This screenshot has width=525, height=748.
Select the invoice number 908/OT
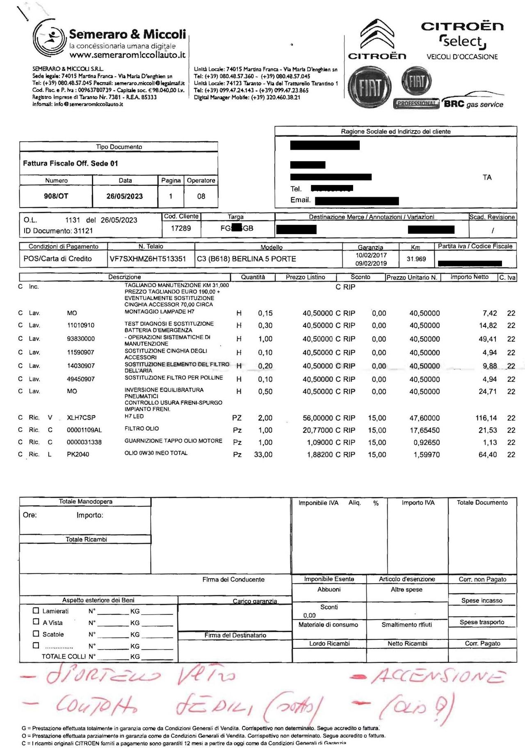click(56, 196)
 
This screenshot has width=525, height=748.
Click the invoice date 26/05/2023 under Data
click(125, 196)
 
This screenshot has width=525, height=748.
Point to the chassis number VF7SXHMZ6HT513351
click(148, 259)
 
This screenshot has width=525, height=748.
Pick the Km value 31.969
click(416, 259)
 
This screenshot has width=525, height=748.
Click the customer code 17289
click(181, 228)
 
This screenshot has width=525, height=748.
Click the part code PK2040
click(78, 454)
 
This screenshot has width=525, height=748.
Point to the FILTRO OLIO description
click(142, 429)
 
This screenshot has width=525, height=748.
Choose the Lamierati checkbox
click(36, 610)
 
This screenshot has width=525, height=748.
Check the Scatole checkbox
click(36, 634)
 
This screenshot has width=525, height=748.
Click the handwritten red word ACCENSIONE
click(437, 676)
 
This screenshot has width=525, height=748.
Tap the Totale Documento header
click(482, 502)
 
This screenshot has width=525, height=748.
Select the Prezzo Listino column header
click(306, 277)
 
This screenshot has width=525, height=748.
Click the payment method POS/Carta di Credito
click(57, 259)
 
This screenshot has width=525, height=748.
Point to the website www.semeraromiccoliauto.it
click(127, 55)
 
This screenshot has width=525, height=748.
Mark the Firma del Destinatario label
click(235, 635)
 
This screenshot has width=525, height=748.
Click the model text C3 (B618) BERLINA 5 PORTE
click(246, 259)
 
